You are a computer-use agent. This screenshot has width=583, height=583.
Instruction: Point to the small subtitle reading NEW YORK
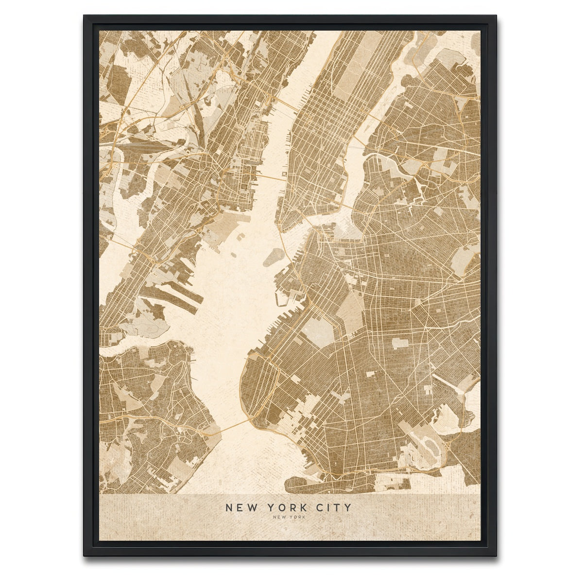289,517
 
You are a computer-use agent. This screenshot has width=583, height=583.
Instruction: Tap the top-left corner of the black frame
84,16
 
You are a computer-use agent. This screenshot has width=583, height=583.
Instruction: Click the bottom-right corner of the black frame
496,556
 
